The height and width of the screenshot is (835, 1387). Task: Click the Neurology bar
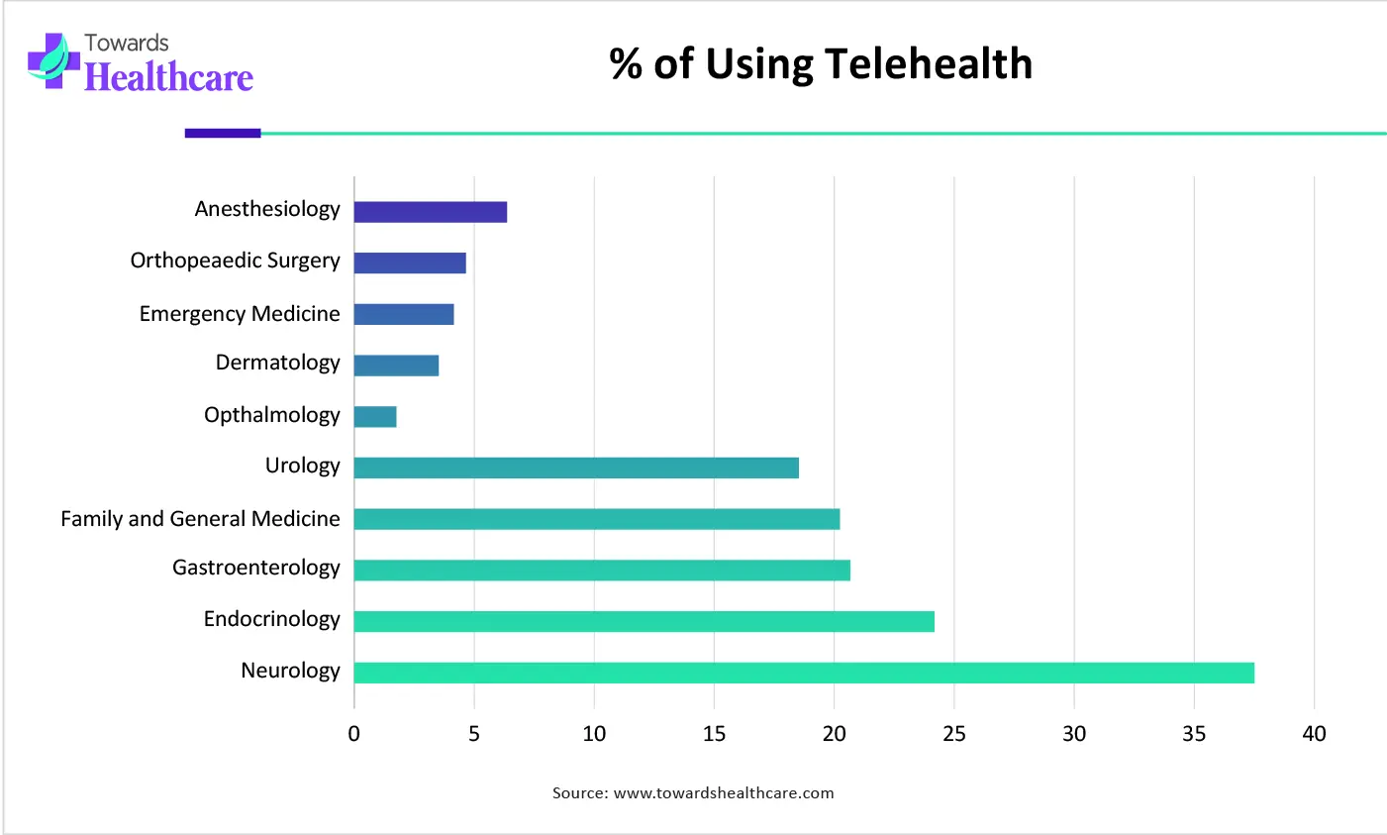803,673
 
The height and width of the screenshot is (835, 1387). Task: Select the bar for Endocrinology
644,621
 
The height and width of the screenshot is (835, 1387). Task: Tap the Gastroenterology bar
602,570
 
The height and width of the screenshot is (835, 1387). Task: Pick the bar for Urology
576,468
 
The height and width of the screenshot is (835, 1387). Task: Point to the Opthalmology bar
375,417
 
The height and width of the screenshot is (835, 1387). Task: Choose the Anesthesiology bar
431,212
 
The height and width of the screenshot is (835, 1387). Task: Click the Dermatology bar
396,365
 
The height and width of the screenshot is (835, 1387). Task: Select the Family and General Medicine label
200,519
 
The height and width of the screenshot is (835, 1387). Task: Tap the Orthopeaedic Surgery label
235,261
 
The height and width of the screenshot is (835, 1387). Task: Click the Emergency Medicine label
240,314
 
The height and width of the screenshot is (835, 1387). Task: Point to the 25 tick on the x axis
954,734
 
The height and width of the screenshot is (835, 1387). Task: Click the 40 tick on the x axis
1314,734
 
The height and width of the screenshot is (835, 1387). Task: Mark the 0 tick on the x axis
354,734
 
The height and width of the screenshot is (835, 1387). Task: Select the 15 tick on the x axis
714,734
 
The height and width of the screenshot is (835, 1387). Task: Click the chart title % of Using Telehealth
821,64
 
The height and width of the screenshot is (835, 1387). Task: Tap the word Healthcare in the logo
168,77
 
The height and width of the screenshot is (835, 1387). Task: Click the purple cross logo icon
52,61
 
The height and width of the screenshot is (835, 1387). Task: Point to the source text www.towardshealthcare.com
724,792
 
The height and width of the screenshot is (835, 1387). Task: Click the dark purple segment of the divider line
223,133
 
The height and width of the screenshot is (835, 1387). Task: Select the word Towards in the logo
127,43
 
